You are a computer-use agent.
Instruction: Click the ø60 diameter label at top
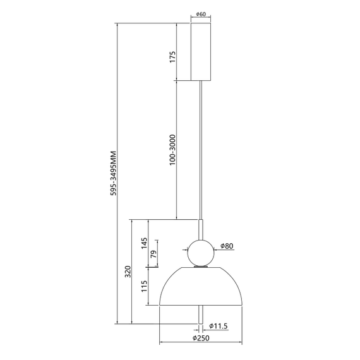(x=201, y=13)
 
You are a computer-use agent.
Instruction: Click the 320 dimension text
(x=128, y=271)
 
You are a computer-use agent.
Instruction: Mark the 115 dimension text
(x=144, y=286)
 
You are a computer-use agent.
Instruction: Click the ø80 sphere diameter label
(x=227, y=246)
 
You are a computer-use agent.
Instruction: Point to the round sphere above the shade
(x=201, y=253)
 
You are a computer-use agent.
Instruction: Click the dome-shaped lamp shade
(x=201, y=287)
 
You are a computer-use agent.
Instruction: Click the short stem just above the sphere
(x=201, y=229)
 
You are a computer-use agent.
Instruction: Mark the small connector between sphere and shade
(x=201, y=267)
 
